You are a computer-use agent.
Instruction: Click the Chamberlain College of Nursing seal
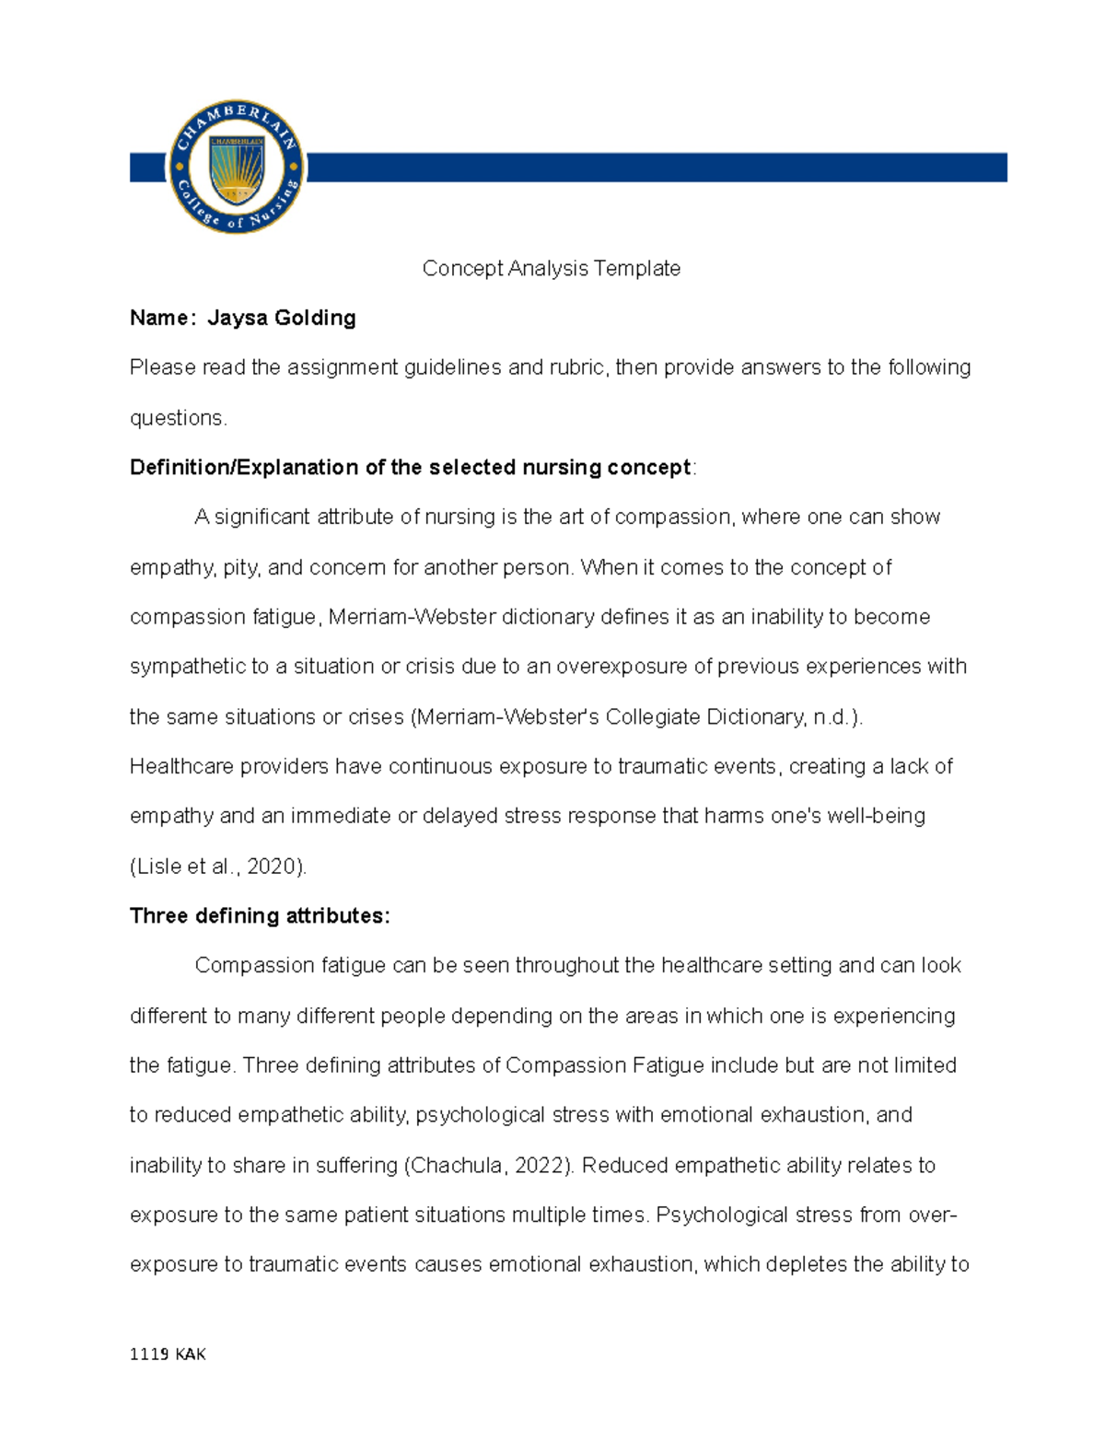point(236,167)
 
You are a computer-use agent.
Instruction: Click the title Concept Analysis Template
point(551,268)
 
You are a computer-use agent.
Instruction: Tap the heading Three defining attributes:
point(260,915)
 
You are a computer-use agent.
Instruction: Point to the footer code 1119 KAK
point(168,1354)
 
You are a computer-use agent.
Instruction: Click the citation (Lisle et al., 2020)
point(218,866)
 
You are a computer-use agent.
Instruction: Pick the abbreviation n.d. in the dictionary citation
point(833,716)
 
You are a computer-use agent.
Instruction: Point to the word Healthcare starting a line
point(181,766)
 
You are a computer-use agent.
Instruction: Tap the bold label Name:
point(162,318)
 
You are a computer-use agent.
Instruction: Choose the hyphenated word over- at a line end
point(933,1215)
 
